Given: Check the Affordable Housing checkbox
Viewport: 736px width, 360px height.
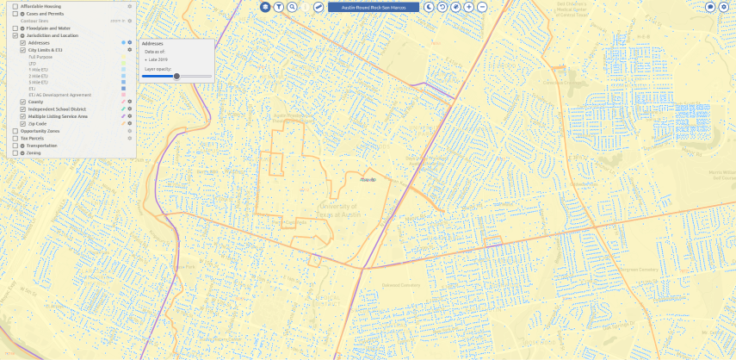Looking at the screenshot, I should point(15,6).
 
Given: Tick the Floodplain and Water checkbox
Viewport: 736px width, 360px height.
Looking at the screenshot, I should point(15,28).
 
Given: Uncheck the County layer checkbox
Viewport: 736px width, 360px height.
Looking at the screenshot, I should point(22,102).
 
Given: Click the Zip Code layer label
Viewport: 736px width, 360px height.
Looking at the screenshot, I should point(37,124).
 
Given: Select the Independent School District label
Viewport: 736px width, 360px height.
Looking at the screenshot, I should point(57,109).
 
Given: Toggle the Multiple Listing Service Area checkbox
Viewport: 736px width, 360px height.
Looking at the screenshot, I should point(22,116).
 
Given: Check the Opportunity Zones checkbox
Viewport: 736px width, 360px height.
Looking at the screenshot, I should point(15,131).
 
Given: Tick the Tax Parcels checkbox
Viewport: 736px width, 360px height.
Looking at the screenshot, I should point(15,138).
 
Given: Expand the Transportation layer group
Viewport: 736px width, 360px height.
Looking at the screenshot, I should point(22,146).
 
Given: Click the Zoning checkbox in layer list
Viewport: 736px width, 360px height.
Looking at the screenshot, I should point(15,152).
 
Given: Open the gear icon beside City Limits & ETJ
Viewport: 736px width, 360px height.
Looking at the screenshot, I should point(130,51).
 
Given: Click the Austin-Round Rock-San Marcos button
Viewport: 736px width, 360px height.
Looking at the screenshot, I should point(373,6).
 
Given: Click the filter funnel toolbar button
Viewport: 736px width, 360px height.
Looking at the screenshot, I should point(279,6).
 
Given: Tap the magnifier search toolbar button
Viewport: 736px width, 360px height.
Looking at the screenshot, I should point(293,6).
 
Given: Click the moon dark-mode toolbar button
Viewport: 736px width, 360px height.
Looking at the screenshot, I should point(428,6).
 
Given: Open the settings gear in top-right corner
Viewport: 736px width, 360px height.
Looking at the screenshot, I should point(723,6).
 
